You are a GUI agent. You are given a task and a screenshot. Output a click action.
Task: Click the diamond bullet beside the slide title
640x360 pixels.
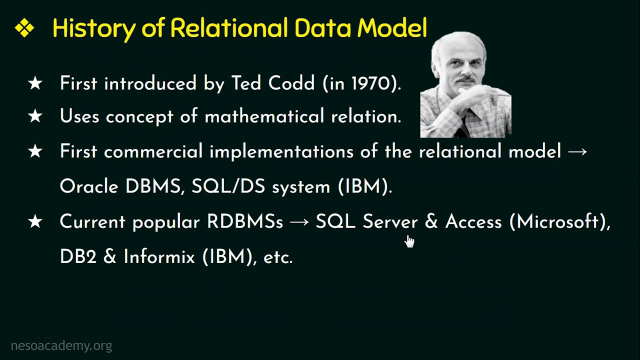click(24, 28)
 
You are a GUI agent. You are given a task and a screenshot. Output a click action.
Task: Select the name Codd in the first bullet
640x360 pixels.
click(291, 83)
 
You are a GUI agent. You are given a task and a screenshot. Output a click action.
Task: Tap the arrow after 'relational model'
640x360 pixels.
click(577, 151)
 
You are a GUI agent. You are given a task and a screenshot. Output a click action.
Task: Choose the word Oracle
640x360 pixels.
click(89, 186)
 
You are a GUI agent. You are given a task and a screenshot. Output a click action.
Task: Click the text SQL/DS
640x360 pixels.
click(228, 186)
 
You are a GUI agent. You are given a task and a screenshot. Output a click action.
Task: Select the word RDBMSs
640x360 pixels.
click(245, 221)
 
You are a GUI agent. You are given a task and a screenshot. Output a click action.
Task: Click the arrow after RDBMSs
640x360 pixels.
click(299, 222)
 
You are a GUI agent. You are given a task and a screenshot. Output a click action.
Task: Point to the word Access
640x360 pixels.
click(473, 221)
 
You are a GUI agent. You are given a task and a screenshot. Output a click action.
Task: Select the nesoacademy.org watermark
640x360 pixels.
click(61, 345)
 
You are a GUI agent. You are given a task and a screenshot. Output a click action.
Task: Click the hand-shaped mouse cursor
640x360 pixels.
click(409, 241)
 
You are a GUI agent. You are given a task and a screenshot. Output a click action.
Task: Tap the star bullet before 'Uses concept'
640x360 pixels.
click(35, 116)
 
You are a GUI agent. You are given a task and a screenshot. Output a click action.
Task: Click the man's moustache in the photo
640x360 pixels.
click(465, 79)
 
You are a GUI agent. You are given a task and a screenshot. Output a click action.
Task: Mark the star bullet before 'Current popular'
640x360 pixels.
click(35, 221)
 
